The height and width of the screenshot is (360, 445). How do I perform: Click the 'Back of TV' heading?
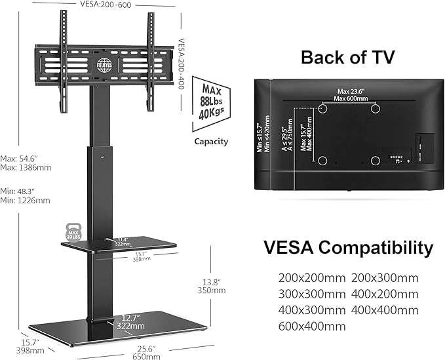point(347,57)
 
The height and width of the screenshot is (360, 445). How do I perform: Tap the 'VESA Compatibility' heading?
point(348,248)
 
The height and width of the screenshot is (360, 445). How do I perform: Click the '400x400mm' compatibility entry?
point(385,310)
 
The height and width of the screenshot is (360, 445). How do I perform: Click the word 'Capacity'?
point(210,141)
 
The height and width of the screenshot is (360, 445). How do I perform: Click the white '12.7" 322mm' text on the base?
point(129,322)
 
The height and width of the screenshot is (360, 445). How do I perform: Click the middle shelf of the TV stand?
point(118,245)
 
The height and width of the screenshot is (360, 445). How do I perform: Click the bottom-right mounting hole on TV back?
point(374,160)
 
